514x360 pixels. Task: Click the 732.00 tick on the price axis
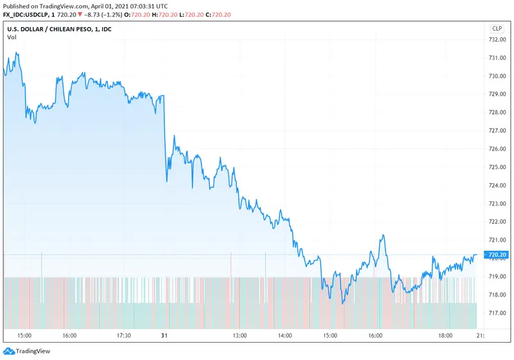pos(498,40)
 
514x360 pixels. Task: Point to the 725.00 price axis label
pos(498,167)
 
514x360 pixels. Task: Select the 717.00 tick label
pos(498,313)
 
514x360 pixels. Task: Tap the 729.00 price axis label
pos(498,94)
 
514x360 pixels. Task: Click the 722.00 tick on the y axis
pos(498,222)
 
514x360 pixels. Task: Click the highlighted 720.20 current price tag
pos(498,255)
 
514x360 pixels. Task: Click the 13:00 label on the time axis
pos(239,336)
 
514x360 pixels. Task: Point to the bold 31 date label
pos(164,336)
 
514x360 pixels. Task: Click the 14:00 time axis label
pos(285,336)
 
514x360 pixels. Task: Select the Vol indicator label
pos(12,37)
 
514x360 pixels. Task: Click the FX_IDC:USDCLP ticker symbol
pos(28,14)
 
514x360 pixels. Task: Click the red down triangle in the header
pos(78,14)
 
